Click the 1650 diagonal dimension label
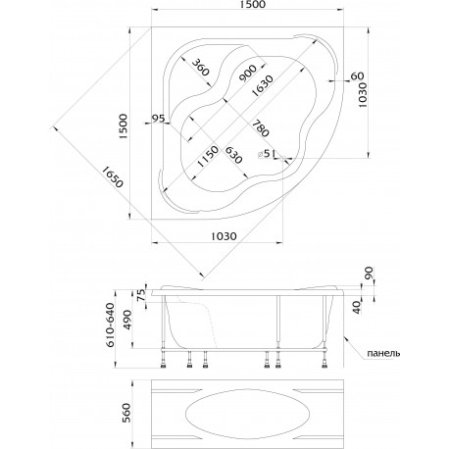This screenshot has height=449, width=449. coord(113,176)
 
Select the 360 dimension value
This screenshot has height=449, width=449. coord(200,67)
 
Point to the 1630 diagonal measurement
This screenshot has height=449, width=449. coord(262,85)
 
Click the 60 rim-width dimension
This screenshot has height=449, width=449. coord(357,76)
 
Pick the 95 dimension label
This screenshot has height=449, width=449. coord(159,119)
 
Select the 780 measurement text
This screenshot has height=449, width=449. coord(261,127)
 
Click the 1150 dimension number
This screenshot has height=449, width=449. coord(208,156)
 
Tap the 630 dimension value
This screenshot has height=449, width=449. coord(234,155)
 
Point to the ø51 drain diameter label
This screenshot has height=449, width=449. coord(267,153)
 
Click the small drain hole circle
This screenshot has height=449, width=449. coord(282,159)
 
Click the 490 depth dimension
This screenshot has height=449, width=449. coord(126,320)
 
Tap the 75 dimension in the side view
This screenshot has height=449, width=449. coord(141,295)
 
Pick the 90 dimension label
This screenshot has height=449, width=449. coord(369,273)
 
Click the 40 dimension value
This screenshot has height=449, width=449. coord(359,308)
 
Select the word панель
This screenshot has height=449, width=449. coord(383,353)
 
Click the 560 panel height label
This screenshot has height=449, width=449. coord(125,413)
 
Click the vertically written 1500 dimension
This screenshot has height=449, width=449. coord(123,126)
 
